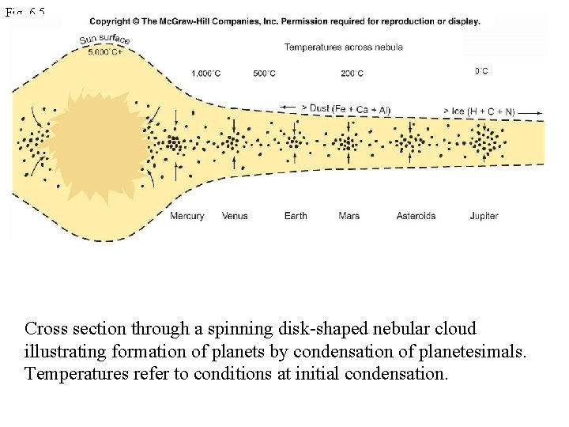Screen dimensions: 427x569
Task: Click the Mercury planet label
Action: coord(187,216)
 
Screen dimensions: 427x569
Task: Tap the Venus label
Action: coord(235,216)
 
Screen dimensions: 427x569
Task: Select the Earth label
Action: coord(296,216)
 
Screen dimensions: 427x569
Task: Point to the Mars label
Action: coord(349,216)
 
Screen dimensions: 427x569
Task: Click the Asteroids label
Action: coord(416,216)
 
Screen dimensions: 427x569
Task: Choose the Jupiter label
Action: coord(484,216)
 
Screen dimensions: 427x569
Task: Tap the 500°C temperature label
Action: coord(264,74)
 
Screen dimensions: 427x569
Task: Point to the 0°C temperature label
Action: coord(481,71)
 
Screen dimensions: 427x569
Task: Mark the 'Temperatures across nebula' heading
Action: coord(343,47)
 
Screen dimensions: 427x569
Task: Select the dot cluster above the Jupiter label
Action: coord(484,143)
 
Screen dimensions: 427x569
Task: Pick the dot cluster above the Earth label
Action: coord(295,142)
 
